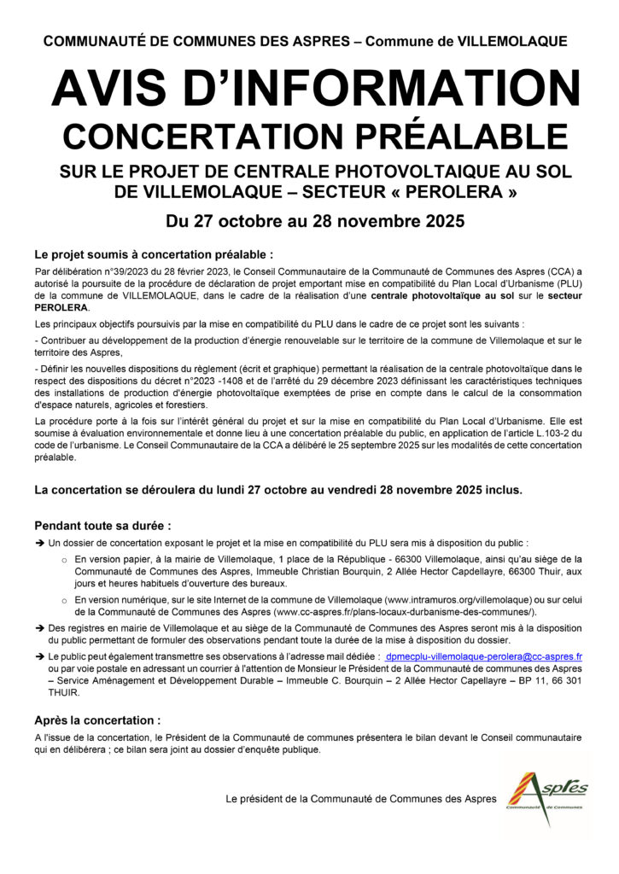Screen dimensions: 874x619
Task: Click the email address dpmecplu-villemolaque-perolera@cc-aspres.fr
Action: click(483, 657)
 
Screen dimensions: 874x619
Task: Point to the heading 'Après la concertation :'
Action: click(96, 720)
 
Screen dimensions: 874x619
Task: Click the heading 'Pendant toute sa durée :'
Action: click(102, 525)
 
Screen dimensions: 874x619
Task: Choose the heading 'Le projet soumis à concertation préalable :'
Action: click(154, 254)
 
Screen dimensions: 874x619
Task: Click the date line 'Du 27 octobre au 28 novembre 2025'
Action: click(309, 223)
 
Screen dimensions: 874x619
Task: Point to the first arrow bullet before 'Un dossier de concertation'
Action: click(39, 543)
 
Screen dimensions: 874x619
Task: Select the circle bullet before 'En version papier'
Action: click(65, 560)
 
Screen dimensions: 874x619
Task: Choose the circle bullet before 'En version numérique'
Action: click(65, 600)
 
